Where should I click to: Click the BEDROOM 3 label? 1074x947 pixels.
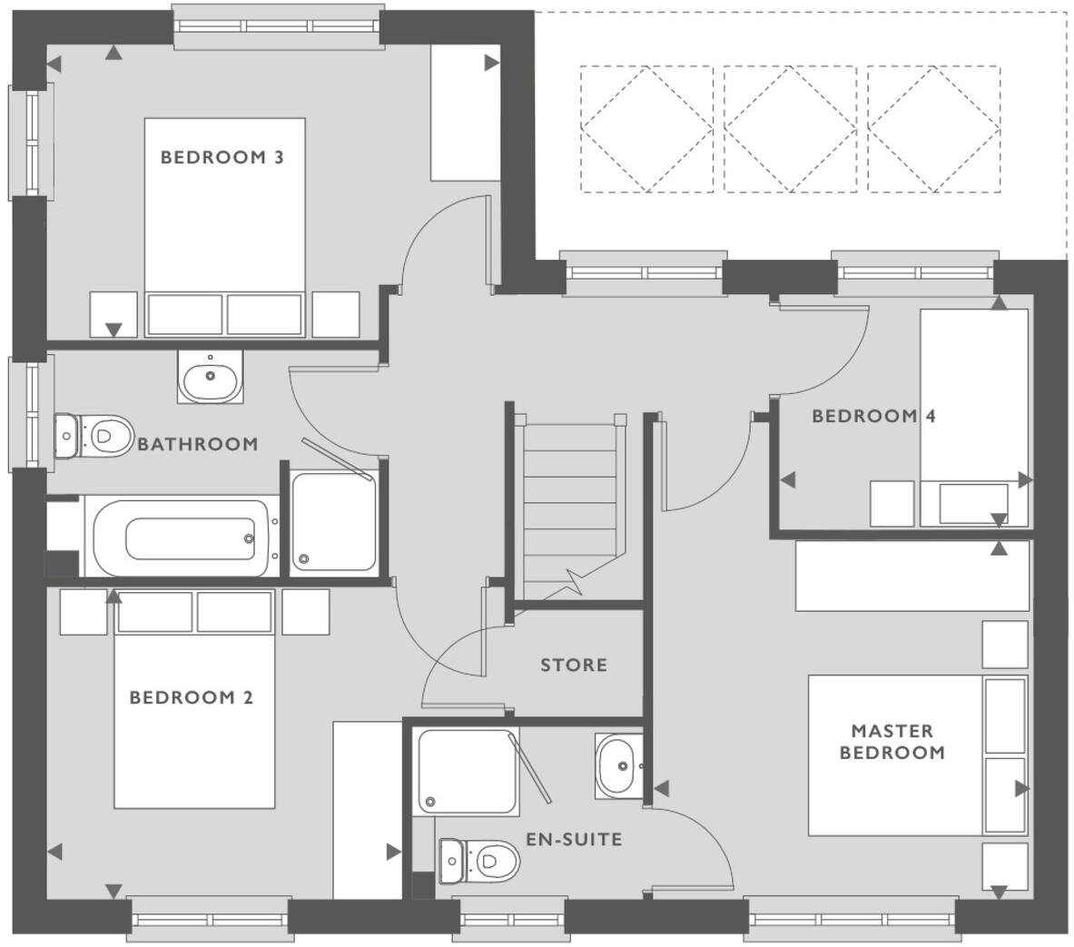(222, 157)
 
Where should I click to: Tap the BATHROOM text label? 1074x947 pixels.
(197, 444)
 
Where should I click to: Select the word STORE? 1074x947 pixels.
(574, 665)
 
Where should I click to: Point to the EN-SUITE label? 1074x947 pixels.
(574, 839)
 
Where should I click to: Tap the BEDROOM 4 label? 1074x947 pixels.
(872, 416)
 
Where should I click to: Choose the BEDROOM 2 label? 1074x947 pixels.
(191, 697)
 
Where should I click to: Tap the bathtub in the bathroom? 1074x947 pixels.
(182, 538)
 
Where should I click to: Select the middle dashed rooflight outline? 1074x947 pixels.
(790, 128)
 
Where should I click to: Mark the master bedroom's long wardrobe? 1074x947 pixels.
(911, 576)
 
